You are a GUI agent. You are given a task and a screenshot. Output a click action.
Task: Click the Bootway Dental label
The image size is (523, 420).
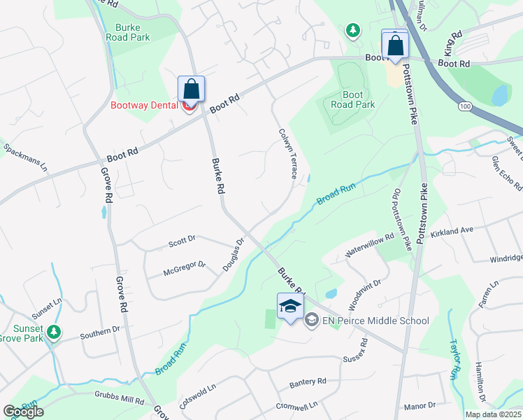click(x=145, y=106)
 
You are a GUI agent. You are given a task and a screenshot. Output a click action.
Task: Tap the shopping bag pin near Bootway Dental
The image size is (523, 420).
click(x=191, y=89)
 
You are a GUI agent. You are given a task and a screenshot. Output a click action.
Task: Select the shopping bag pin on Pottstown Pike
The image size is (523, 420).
click(x=395, y=44)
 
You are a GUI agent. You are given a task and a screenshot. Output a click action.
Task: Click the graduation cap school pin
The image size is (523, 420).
click(x=290, y=307)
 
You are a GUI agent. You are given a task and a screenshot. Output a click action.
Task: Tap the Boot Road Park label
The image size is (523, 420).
click(x=353, y=99)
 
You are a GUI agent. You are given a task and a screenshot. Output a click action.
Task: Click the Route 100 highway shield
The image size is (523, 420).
click(x=464, y=105)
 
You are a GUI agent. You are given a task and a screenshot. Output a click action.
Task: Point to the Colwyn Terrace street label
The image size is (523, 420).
click(x=288, y=153)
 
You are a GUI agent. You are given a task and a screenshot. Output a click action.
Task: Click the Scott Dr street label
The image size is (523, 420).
click(x=182, y=241)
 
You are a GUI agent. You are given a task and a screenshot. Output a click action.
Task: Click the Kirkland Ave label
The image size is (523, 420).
click(x=452, y=230)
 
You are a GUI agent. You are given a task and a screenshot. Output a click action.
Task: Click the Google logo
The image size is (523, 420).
click(x=23, y=412)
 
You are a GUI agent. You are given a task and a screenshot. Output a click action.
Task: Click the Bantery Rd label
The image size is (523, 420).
click(x=308, y=383)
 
